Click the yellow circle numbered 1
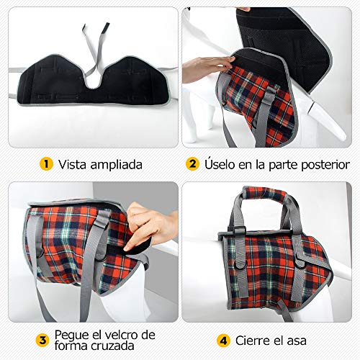click(46, 164)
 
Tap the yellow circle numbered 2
click(192, 164)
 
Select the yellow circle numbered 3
click(42, 341)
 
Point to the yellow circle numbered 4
click(223, 341)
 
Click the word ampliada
click(117, 165)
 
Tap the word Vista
click(73, 164)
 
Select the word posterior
click(325, 165)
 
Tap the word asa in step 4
click(297, 341)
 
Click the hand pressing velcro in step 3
click(150, 226)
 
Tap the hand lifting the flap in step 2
click(207, 69)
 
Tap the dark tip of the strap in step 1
click(107, 26)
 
